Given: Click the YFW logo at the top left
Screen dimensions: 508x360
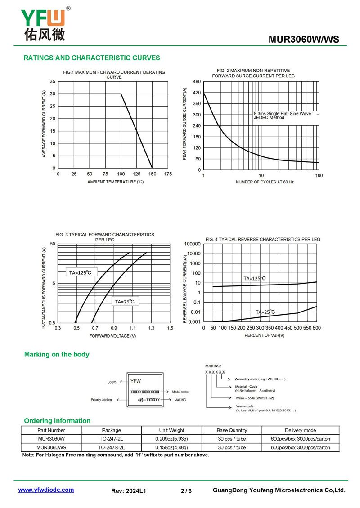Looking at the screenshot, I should (44, 24).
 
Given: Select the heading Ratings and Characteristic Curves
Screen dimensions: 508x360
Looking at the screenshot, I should (91, 58).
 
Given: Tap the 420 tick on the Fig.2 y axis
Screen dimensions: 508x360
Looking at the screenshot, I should (196, 93).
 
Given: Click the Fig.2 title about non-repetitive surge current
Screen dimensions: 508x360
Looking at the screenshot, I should (253, 73).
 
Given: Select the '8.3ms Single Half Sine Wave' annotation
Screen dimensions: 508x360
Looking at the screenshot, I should (282, 114).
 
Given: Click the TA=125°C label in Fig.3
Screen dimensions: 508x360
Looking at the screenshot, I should (80, 272).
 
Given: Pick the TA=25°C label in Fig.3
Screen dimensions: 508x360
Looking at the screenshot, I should (125, 302).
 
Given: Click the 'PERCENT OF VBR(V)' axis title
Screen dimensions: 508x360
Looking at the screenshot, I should (265, 335).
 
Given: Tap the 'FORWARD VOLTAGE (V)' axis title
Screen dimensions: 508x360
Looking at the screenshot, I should (112, 336).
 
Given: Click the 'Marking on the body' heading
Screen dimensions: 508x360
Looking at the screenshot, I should (57, 355).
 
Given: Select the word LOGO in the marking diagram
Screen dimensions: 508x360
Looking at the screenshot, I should (112, 383).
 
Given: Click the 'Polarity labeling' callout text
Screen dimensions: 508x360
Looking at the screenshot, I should (101, 400).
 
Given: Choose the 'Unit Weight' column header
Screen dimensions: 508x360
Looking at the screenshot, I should (171, 430).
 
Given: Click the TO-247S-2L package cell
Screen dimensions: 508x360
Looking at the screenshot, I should (111, 447).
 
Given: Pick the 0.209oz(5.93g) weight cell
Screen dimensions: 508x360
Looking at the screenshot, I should (171, 439).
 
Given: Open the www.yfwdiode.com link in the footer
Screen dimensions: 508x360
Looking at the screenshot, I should (46, 490).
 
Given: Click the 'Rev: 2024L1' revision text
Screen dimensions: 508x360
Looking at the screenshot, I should (129, 491).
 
